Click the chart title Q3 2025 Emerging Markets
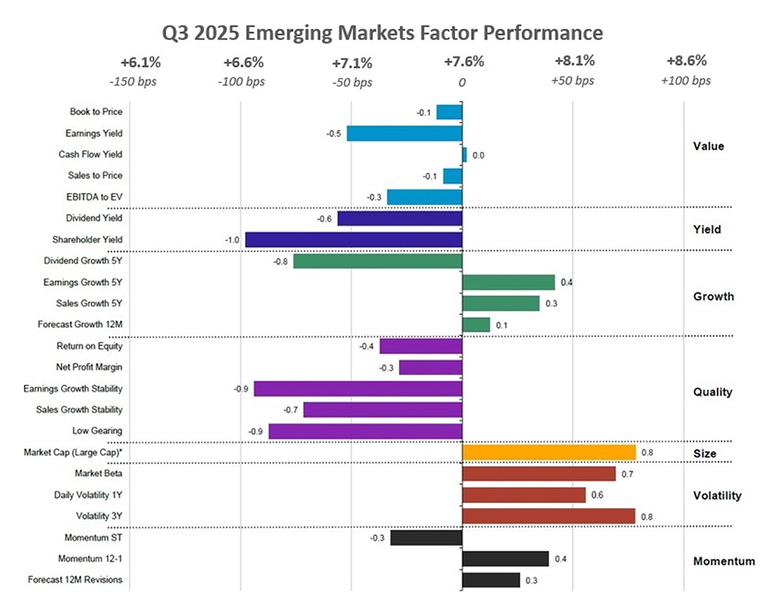[383, 34]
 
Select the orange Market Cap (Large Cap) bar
[548, 453]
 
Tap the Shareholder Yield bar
[354, 239]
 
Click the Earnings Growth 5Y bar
[508, 282]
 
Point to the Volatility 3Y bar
[548, 516]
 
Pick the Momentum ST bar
[426, 538]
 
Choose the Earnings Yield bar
[405, 133]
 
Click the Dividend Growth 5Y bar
[377, 261]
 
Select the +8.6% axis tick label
[686, 61]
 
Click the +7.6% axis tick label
[463, 61]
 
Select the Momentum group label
[723, 562]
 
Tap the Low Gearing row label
[97, 431]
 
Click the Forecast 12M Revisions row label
[75, 580]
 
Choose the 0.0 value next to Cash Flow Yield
[478, 156]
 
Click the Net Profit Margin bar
[431, 368]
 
